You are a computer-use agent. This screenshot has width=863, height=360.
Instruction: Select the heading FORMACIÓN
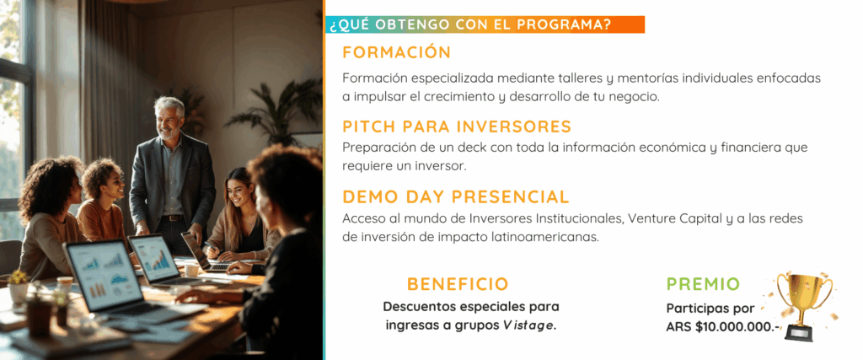click(396, 52)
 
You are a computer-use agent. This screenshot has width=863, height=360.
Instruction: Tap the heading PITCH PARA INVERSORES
click(457, 126)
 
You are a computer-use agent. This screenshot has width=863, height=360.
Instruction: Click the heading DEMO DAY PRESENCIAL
click(456, 197)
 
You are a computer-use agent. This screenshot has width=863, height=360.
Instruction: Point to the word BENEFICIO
click(458, 284)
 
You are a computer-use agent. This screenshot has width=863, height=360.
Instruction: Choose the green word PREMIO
click(703, 284)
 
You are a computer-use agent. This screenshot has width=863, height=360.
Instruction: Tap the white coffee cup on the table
click(191, 270)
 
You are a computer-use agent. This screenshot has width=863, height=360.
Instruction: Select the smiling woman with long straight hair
click(239, 218)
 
